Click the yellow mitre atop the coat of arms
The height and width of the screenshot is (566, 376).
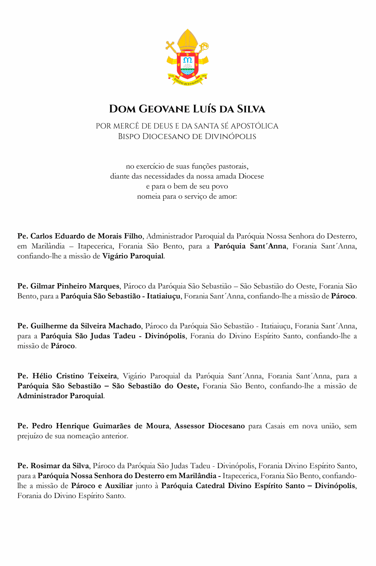coord(188,40)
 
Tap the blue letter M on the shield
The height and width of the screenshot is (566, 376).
coord(188,60)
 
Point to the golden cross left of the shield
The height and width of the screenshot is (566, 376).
coord(170,46)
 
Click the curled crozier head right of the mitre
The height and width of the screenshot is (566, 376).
coord(204,46)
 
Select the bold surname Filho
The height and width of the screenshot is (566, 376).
coord(133,236)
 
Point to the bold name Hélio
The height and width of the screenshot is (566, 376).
coord(42,376)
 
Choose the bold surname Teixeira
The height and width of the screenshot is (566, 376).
coord(102,376)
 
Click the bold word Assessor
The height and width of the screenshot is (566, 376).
coord(189,426)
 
